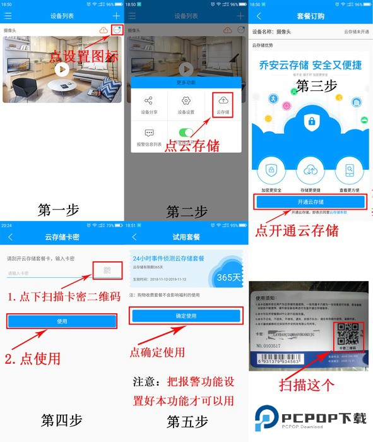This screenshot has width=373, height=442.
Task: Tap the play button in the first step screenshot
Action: pos(61,69)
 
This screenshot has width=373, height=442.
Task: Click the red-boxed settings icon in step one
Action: pos(116,30)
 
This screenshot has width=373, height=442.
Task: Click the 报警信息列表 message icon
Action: pos(149,137)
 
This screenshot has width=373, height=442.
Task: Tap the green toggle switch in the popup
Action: pos(186,133)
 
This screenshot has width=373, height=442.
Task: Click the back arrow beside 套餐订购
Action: pos(259,15)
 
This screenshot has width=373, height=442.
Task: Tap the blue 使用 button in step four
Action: pos(62,321)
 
